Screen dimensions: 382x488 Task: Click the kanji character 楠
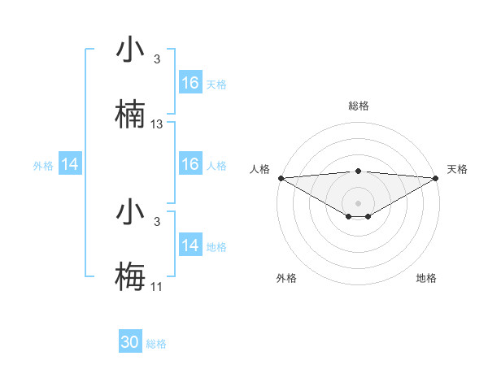click(130, 115)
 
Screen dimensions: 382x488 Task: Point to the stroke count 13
click(157, 124)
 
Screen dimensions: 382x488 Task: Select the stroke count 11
click(157, 287)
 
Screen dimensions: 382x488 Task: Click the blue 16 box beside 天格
click(190, 83)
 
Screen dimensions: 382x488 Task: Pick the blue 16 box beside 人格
click(190, 164)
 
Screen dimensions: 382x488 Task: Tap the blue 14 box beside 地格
click(190, 245)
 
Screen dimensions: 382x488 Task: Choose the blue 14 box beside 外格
click(70, 164)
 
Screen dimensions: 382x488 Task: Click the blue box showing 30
click(130, 342)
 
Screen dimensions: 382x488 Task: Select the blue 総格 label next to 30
click(156, 344)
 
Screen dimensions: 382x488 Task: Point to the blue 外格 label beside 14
click(43, 165)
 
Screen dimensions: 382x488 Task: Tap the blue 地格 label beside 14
click(216, 246)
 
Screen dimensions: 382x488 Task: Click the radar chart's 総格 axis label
click(358, 106)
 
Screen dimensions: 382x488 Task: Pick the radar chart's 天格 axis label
click(458, 169)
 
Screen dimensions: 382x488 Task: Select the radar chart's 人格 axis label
click(259, 169)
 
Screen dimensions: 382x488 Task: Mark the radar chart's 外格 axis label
click(286, 278)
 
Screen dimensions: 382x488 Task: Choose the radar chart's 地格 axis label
click(426, 278)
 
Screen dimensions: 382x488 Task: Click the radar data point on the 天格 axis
click(437, 177)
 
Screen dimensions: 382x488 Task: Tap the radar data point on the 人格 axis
click(281, 177)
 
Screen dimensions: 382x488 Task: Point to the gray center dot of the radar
click(358, 202)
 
